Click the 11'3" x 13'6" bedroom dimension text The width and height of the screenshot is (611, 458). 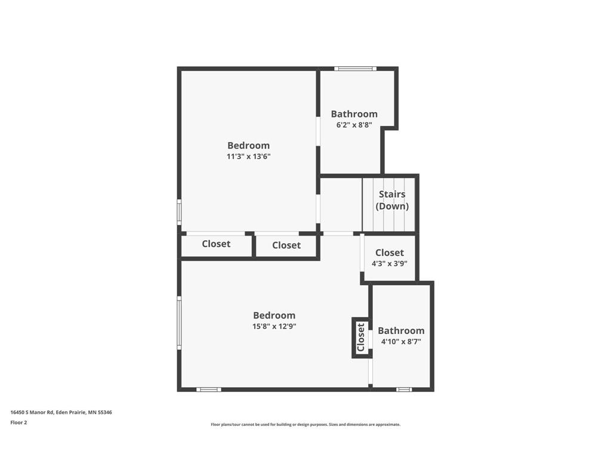click(249, 157)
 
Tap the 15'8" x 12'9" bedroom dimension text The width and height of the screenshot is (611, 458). click(274, 326)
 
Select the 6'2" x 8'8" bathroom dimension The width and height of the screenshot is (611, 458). click(354, 125)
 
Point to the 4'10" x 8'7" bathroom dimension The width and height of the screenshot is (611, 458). click(401, 342)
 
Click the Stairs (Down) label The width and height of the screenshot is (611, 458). click(392, 200)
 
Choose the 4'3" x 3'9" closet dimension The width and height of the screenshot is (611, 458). click(389, 264)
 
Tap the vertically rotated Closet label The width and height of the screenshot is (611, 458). click(361, 338)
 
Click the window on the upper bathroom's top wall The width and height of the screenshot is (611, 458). click(355, 69)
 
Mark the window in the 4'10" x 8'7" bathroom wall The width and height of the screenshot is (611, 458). click(404, 389)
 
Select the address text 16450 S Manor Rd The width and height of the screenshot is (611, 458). click(32, 412)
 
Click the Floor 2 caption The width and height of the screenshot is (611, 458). click(18, 422)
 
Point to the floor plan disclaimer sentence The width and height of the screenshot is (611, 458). click(305, 425)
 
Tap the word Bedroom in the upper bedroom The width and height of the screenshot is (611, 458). click(249, 146)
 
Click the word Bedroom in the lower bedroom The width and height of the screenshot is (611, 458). click(274, 315)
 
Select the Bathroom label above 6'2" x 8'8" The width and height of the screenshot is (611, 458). click(354, 114)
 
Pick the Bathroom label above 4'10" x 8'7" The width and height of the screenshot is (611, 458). click(401, 330)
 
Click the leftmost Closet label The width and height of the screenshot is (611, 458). click(216, 244)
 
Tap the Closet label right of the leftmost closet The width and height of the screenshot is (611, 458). click(286, 245)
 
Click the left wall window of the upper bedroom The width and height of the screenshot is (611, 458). click(179, 212)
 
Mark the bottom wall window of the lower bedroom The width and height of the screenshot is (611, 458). click(208, 389)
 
